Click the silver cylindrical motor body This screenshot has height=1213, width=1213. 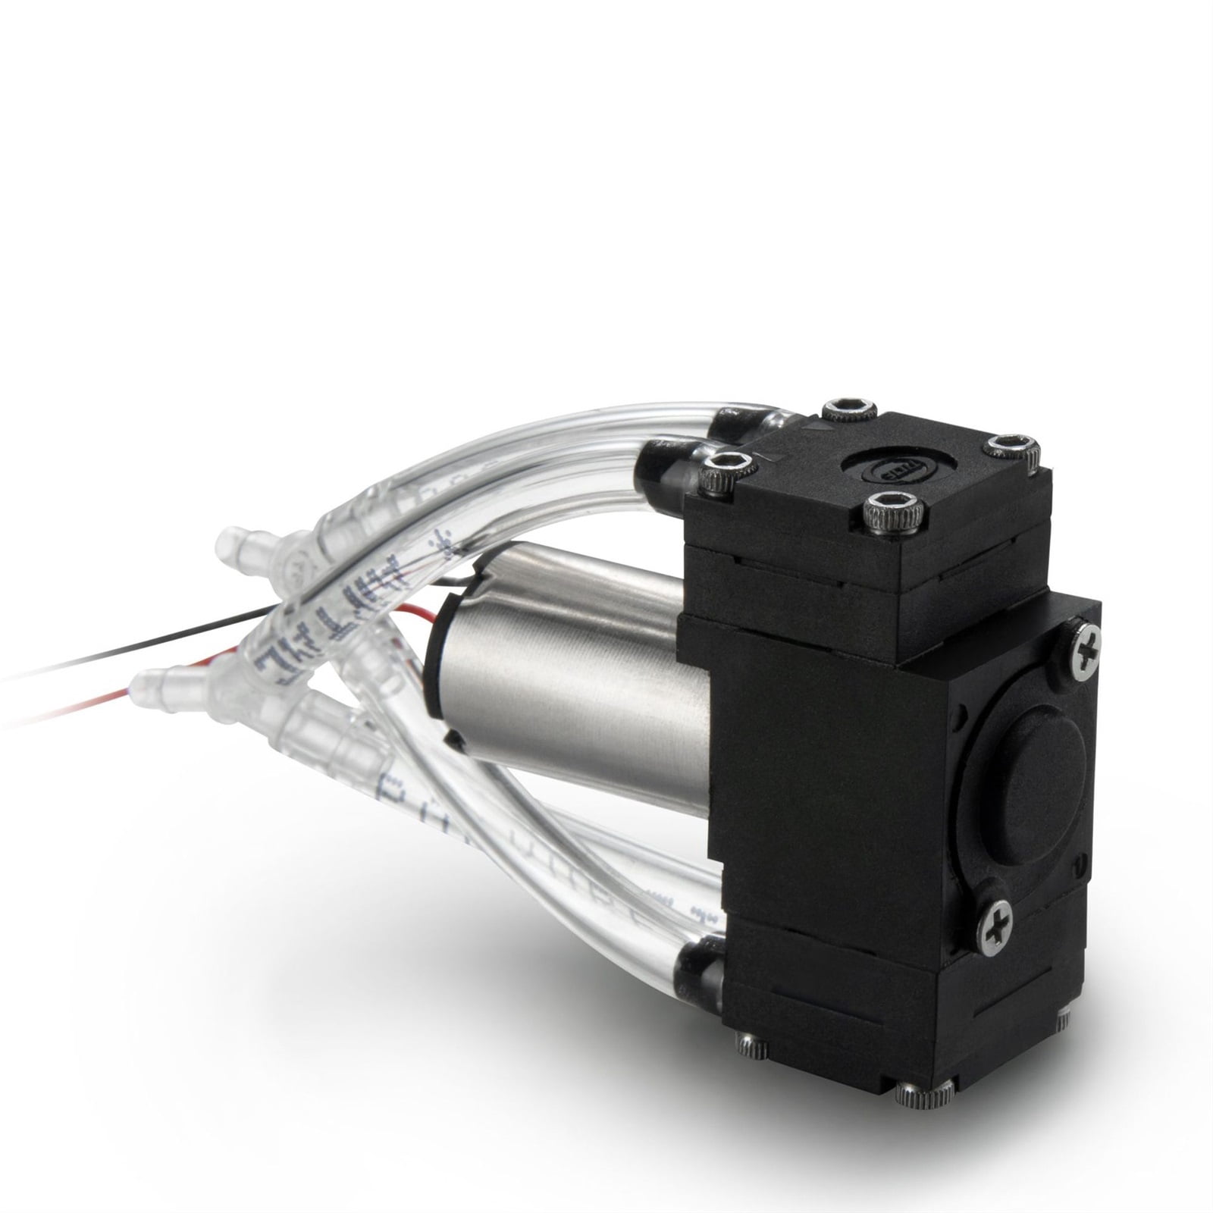tap(576, 675)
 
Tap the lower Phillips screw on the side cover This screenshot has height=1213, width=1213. tap(993, 926)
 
